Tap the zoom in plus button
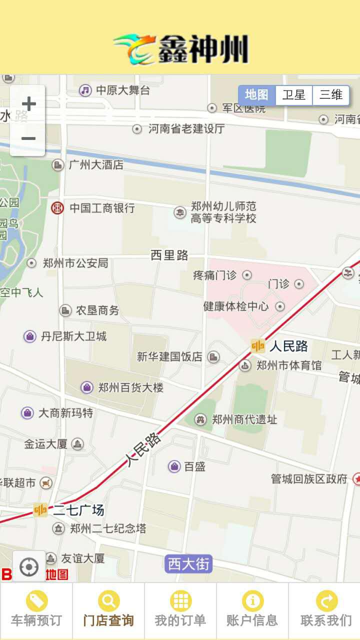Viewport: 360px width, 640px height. pyautogui.click(x=28, y=104)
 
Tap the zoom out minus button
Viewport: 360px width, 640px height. pyautogui.click(x=28, y=138)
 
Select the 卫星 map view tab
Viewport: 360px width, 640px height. pyautogui.click(x=294, y=95)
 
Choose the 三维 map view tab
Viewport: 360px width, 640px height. pyautogui.click(x=331, y=95)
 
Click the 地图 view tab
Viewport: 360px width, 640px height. pyautogui.click(x=257, y=95)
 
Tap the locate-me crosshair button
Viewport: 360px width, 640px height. pyautogui.click(x=28, y=567)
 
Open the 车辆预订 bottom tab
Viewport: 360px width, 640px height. pyautogui.click(x=36, y=610)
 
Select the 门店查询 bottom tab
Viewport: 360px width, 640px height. pyautogui.click(x=108, y=610)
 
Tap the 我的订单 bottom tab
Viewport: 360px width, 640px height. pyautogui.click(x=180, y=610)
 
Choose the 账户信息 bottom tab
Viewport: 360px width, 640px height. pyautogui.click(x=252, y=610)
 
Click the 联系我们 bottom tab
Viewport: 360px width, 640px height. pyautogui.click(x=326, y=610)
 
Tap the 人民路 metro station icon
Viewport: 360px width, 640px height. pyautogui.click(x=258, y=346)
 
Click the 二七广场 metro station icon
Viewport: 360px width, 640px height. pyautogui.click(x=40, y=510)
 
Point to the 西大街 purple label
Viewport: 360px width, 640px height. pyautogui.click(x=188, y=564)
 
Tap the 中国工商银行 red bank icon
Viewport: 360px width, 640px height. pyautogui.click(x=57, y=208)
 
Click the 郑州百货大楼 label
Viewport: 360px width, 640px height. pyautogui.click(x=130, y=387)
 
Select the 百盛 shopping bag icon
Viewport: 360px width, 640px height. pyautogui.click(x=174, y=466)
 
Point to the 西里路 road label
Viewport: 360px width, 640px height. pyautogui.click(x=169, y=255)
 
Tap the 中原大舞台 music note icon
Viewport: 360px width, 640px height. pyautogui.click(x=85, y=90)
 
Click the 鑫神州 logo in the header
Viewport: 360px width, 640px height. pyautogui.click(x=181, y=49)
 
